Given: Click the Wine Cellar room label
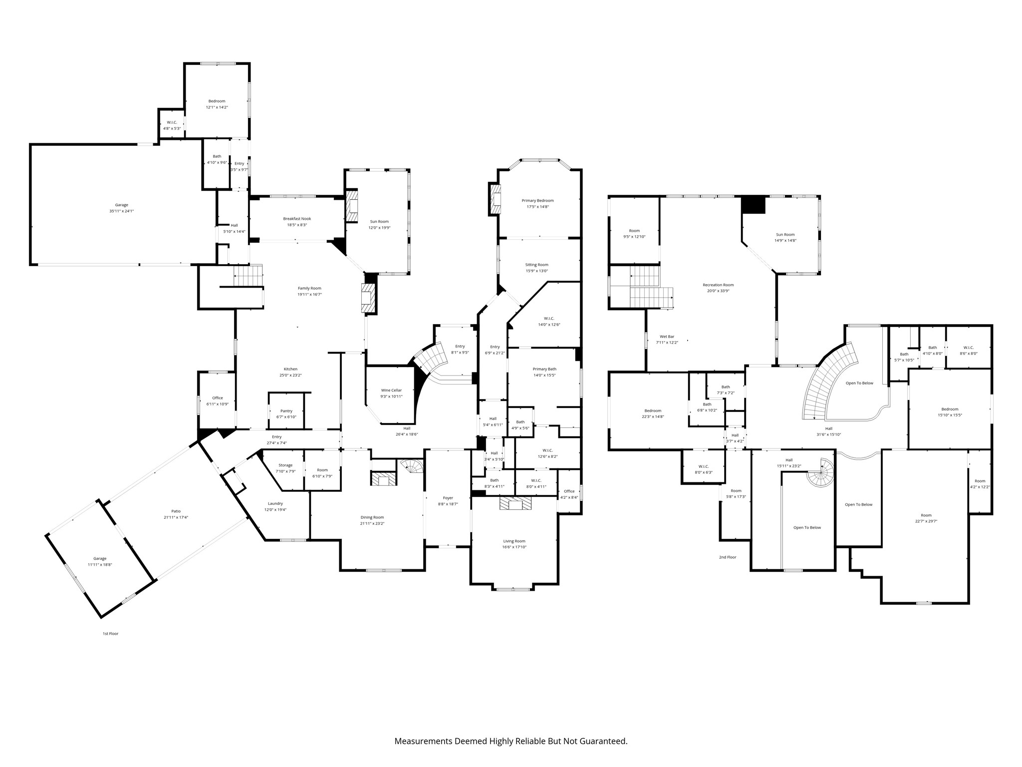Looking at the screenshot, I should pos(391,390).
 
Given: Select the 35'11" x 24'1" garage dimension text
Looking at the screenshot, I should pos(121,211).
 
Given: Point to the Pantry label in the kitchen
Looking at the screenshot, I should pos(286,411).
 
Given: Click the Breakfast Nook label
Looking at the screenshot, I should pos(297,219).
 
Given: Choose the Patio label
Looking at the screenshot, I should pos(176,511).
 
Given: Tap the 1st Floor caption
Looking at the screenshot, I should pos(110,634).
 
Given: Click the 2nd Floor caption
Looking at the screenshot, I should pos(728,557).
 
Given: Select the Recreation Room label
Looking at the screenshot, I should pos(718,285).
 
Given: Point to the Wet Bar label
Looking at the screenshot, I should pos(667,337).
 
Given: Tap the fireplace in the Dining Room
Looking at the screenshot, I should pos(384,478).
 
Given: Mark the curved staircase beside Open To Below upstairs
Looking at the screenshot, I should pos(823,382).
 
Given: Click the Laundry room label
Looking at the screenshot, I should pos(275,503).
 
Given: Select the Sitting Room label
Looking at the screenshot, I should pos(536,265).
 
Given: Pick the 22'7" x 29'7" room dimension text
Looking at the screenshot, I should pos(926,521).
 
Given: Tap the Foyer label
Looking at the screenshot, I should pos(448,498).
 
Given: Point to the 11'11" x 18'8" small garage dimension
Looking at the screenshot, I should pos(100,565).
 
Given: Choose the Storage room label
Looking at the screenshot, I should pos(285,465).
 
